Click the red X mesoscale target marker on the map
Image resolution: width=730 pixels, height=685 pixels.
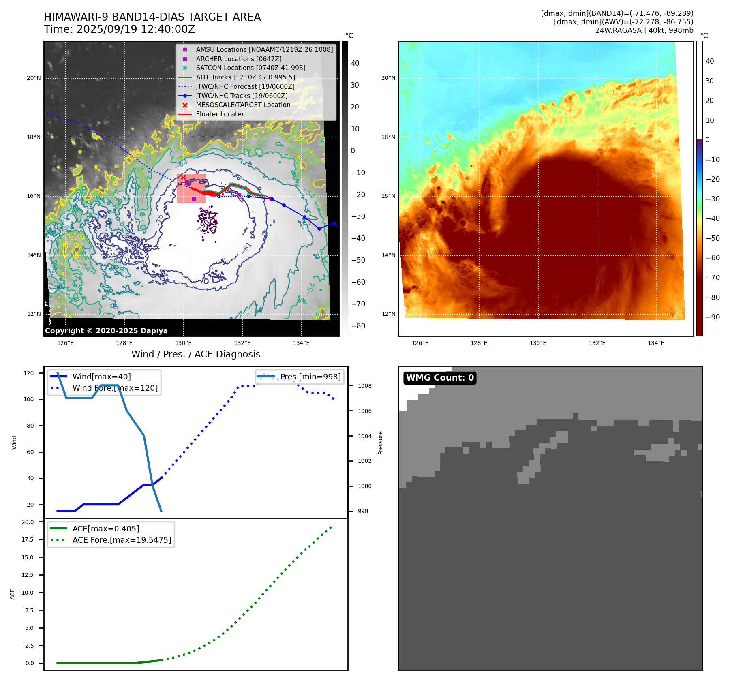[x=183, y=178]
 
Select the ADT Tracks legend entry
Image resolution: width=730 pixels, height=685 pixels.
[x=245, y=77]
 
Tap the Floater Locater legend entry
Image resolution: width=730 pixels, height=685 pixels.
[x=220, y=114]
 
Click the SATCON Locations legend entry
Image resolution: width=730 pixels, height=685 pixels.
[x=250, y=68]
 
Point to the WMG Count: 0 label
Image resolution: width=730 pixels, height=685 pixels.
[x=440, y=378]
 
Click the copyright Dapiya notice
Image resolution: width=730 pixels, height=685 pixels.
[x=106, y=331]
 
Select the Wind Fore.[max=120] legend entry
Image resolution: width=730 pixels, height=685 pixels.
[x=115, y=388]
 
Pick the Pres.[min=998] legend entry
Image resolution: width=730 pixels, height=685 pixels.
[x=310, y=377]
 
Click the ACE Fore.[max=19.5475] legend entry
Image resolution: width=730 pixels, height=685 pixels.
[x=122, y=540]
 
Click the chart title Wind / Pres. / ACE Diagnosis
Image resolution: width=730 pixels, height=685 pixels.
[x=195, y=354]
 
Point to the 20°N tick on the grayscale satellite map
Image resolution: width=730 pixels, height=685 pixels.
[x=34, y=78]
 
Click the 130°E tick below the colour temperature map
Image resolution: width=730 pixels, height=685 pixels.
[x=538, y=343]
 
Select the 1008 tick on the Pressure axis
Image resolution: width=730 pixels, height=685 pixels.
[x=364, y=386]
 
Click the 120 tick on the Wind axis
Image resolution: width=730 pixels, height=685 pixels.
[x=29, y=373]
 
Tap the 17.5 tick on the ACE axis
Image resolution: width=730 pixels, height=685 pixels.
[x=28, y=539]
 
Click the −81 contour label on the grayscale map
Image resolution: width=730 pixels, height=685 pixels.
[x=246, y=248]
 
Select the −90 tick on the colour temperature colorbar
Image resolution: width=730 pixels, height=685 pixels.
[x=713, y=317]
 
